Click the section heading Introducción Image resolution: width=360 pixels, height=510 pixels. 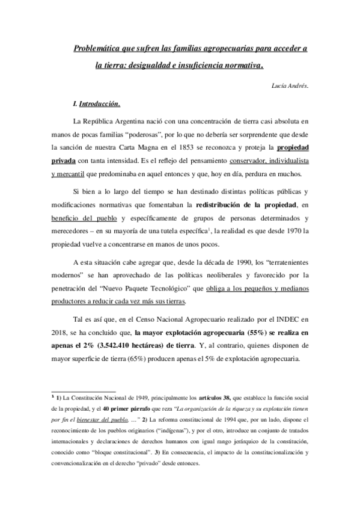click(x=100, y=103)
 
